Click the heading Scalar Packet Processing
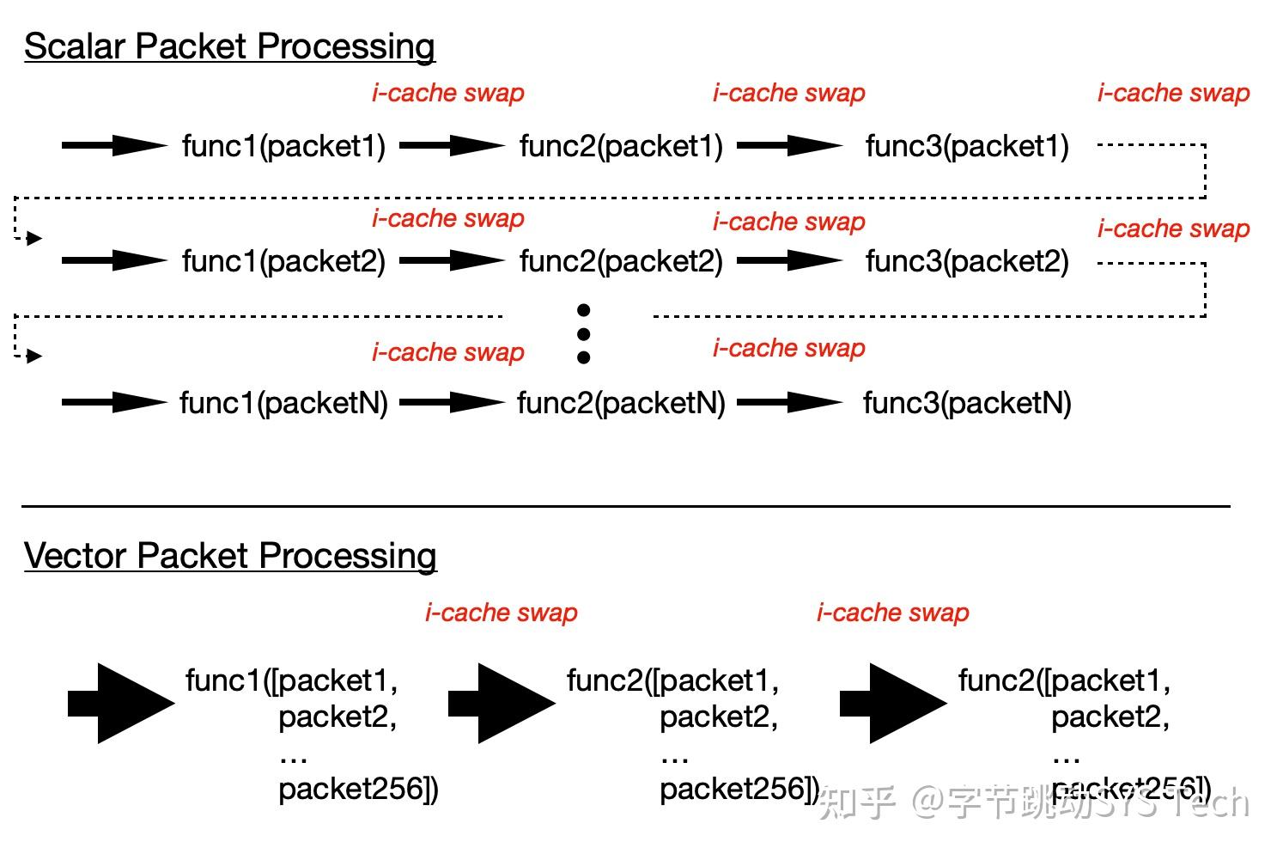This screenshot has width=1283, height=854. point(229,46)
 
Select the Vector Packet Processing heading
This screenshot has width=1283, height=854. point(230,556)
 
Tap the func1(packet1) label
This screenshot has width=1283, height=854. point(283,146)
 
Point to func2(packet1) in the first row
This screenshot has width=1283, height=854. point(621,146)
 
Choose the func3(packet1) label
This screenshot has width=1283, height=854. point(967,146)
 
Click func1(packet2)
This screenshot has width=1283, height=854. point(283,261)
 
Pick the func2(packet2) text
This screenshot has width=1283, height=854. point(621,261)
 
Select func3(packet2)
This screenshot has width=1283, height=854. point(967,261)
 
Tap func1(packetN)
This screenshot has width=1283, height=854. point(283,403)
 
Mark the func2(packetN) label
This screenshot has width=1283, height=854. point(621,403)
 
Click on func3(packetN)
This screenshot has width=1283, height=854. point(967,403)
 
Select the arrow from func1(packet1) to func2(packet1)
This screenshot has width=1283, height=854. point(452,146)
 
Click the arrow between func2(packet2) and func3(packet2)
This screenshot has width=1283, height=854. point(789,261)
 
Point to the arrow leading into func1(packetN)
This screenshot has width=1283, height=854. point(114,402)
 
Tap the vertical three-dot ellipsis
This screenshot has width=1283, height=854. point(584,333)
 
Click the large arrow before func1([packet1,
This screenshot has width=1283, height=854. point(122,703)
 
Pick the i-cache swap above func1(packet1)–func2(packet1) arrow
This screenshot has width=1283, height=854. point(447,93)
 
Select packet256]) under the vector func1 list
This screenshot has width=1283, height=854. point(358,789)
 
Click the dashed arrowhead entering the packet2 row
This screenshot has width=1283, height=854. point(33,238)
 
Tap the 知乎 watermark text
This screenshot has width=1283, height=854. point(856,802)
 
